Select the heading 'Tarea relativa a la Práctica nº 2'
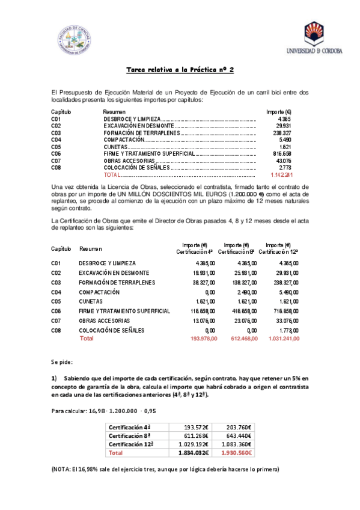[x=180, y=70]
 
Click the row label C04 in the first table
[x=56, y=140]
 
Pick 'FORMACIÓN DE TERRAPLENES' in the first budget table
[x=141, y=133]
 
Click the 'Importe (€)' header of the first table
[x=279, y=112]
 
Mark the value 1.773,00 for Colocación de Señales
[x=287, y=330]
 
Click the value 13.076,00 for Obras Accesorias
[x=194, y=321]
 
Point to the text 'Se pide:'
[x=63, y=363]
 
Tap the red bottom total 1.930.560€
[x=235, y=452]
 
